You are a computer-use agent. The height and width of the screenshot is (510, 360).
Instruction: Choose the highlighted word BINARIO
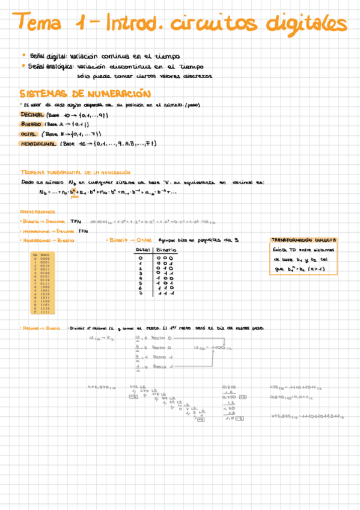(x=30, y=124)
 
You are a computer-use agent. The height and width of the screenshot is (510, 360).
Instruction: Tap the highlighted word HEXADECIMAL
(x=38, y=144)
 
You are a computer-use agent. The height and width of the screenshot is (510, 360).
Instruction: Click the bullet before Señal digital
(x=22, y=55)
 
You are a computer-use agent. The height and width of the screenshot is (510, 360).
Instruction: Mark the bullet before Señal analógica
(x=22, y=66)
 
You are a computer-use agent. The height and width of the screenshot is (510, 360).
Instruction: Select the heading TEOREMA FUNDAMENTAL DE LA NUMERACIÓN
(x=75, y=171)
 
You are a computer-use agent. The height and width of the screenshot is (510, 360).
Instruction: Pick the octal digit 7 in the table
(x=141, y=294)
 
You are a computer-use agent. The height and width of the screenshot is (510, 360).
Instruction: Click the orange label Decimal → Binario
(x=40, y=328)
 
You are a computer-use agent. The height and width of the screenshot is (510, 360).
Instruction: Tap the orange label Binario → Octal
(x=128, y=239)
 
